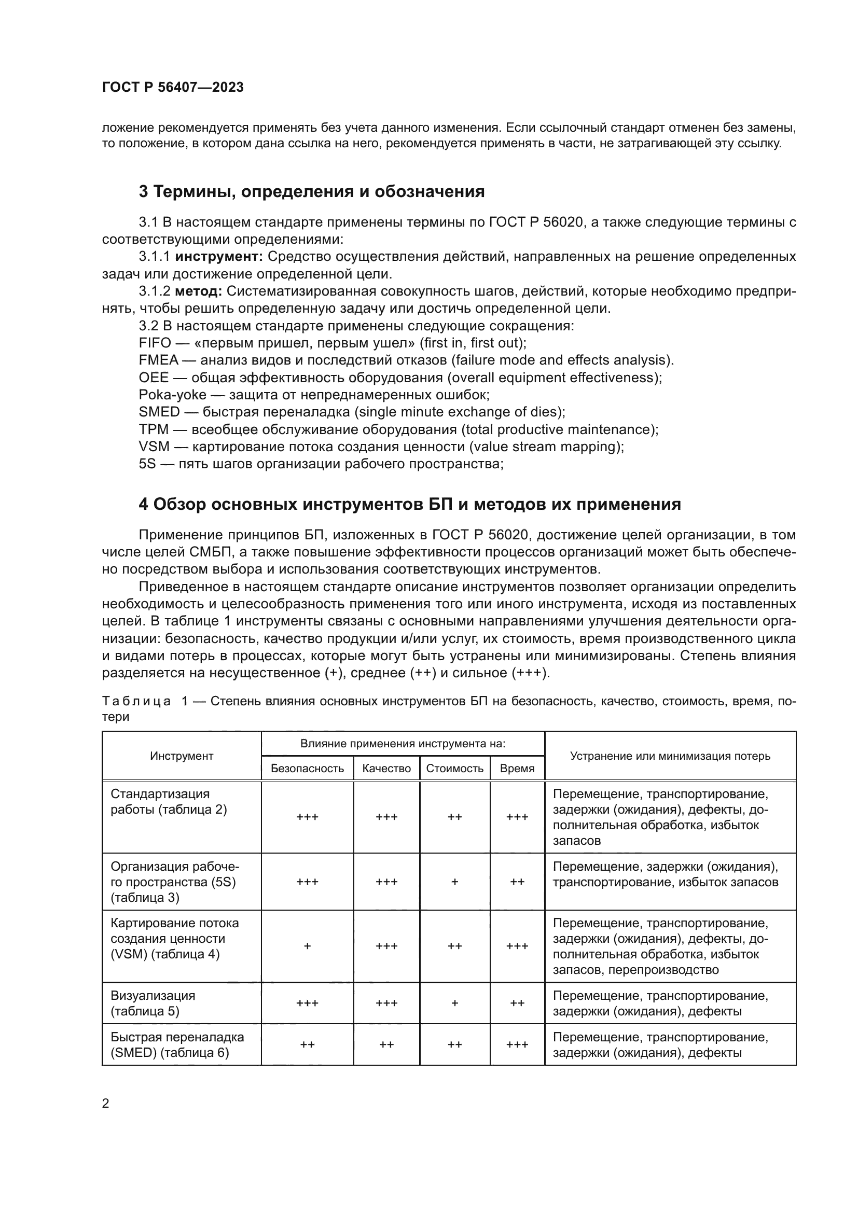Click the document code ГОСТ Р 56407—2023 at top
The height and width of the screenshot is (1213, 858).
pos(173,87)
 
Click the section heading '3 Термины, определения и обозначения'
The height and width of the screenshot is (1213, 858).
pos(311,191)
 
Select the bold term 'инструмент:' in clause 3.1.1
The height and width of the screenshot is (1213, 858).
pos(219,257)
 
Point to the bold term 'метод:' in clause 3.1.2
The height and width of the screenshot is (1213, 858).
pos(198,291)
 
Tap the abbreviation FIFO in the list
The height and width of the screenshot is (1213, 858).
pos(155,343)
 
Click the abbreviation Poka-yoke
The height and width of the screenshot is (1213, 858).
pos(172,395)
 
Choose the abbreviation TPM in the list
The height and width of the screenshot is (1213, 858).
pos(154,429)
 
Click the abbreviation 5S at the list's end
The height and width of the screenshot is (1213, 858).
pos(147,464)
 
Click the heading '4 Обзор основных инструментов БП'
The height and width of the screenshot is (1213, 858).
pos(409,505)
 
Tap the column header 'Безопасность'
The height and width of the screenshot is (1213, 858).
pos(307,768)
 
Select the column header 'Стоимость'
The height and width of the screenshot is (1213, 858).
pos(454,768)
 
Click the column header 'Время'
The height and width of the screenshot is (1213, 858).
pos(517,768)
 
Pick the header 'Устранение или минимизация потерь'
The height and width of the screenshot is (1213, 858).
pos(670,756)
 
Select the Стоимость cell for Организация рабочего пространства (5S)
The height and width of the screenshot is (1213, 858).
pos(454,882)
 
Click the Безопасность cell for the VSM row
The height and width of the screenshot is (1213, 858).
pos(307,946)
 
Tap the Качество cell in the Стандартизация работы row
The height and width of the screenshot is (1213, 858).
pos(386,817)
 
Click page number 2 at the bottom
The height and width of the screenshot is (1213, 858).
pos(106,1104)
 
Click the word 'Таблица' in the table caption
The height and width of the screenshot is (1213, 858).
pos(136,701)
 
